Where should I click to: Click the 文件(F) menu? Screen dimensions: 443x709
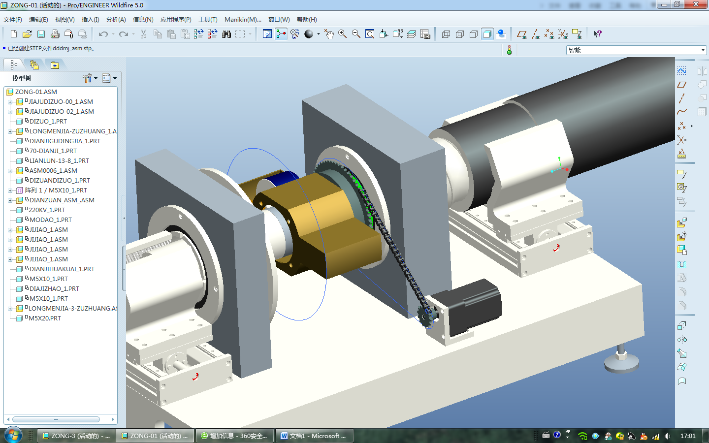point(12,20)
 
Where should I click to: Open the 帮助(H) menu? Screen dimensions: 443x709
point(306,20)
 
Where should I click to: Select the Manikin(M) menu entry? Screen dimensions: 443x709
point(242,20)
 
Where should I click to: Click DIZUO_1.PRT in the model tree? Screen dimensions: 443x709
point(48,121)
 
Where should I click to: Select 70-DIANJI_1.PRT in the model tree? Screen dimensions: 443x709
point(53,151)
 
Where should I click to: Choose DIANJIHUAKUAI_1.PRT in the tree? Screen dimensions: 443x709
point(62,269)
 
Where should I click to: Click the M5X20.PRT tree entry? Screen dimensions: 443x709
point(45,318)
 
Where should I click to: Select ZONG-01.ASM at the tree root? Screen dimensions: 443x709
point(36,92)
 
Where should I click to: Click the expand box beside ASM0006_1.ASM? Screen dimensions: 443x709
point(10,171)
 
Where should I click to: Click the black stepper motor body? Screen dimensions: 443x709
point(473,305)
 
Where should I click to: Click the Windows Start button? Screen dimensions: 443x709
point(13,436)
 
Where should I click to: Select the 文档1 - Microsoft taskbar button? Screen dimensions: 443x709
point(313,436)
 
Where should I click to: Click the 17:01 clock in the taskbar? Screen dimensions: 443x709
point(688,436)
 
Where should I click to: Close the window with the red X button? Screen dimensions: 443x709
point(696,4)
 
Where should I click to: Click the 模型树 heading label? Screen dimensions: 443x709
point(22,78)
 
